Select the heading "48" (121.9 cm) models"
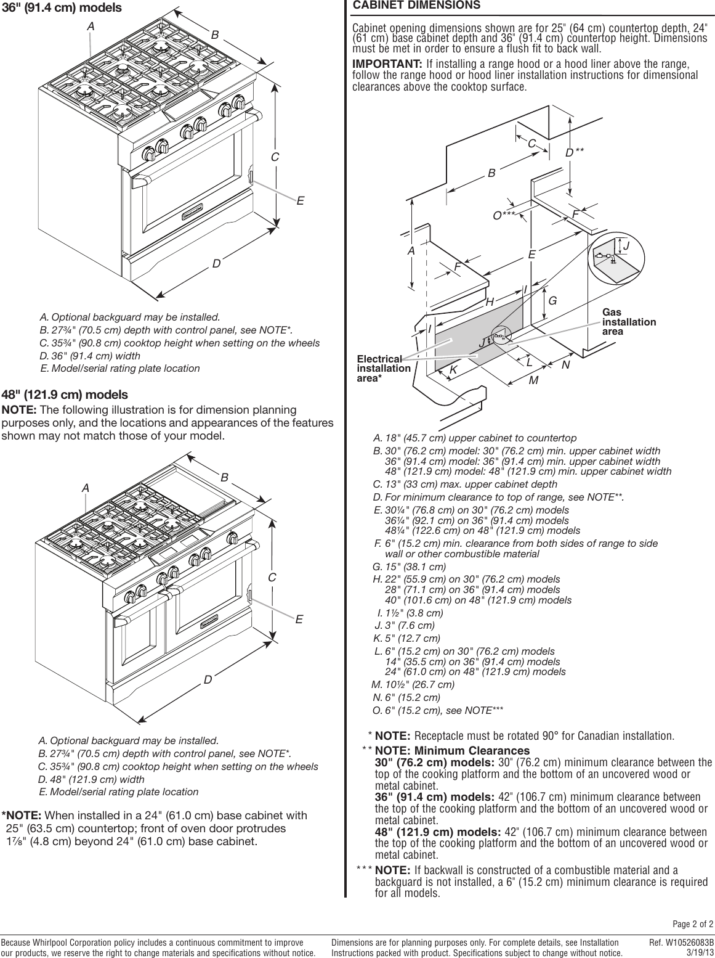coord(65,395)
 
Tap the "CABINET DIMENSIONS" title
coord(416,6)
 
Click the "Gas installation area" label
coord(629,322)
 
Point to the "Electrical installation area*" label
coord(384,369)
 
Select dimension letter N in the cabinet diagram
coord(565,365)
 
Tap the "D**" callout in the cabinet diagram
coord(574,152)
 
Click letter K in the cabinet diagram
coord(453,370)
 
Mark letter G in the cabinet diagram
coord(552,301)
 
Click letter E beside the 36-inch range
coord(301,200)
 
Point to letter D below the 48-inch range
coord(208,680)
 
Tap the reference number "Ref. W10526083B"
coord(681,943)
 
